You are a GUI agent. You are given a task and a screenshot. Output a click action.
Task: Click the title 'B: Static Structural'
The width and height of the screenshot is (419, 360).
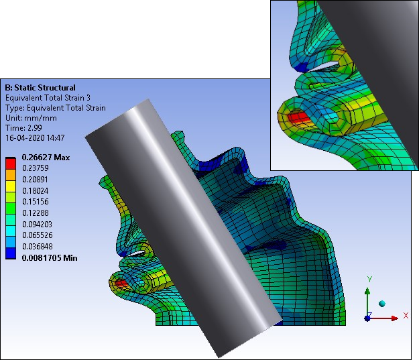(40, 88)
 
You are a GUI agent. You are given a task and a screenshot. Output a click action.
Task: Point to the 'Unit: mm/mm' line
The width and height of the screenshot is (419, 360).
(30, 117)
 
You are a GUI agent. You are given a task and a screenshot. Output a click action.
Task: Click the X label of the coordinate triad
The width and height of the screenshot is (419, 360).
(406, 315)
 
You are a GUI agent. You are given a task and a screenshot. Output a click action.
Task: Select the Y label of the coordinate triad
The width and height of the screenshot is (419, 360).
(369, 278)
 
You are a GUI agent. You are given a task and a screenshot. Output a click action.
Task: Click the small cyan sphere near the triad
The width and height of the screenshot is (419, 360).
(383, 304)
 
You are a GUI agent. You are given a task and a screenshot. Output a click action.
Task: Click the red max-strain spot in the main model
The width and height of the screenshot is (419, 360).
(121, 284)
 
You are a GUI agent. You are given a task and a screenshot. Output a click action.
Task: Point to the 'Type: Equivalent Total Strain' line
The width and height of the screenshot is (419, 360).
(55, 108)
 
